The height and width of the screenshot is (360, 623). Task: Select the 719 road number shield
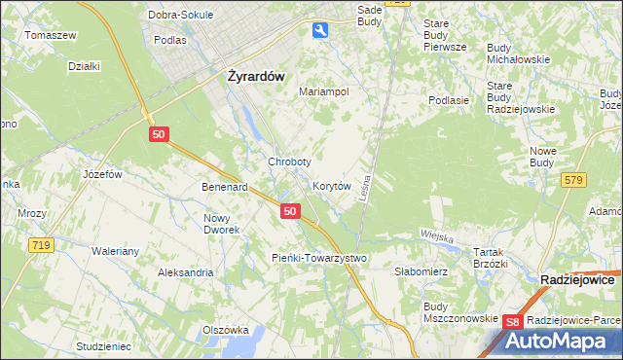(40, 245)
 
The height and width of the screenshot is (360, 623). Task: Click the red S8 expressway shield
(514, 322)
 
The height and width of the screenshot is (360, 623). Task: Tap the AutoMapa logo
(558, 341)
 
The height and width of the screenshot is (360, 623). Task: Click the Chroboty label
(289, 162)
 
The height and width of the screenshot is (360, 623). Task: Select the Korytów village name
(331, 185)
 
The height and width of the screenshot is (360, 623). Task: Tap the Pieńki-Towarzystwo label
(318, 258)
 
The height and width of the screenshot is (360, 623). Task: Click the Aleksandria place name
(186, 273)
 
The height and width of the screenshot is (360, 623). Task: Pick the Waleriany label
(116, 251)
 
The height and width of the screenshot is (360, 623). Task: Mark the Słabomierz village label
(421, 272)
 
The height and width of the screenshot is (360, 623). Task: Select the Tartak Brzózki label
(491, 257)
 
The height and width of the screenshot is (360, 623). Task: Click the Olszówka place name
(225, 331)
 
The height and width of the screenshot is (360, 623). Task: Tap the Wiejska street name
(438, 234)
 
